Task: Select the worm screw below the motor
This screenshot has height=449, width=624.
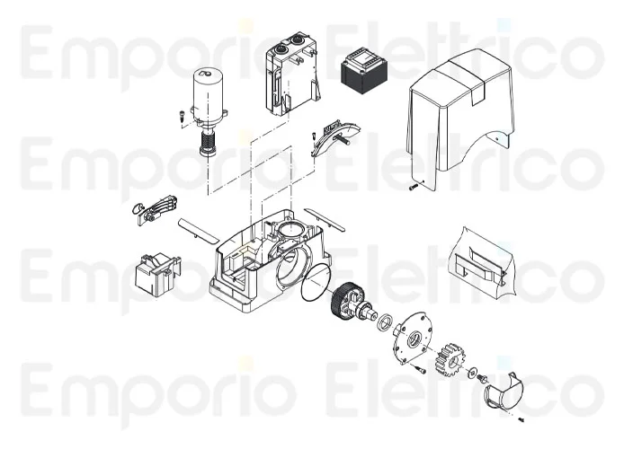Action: (x=209, y=141)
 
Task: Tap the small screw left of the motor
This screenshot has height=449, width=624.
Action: (x=180, y=115)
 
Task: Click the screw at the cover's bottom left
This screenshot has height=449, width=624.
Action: (x=411, y=188)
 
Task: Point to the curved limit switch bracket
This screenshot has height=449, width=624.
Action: (x=333, y=137)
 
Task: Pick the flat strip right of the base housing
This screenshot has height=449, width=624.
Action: (x=321, y=217)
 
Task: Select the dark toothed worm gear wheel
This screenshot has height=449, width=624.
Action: (x=345, y=300)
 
